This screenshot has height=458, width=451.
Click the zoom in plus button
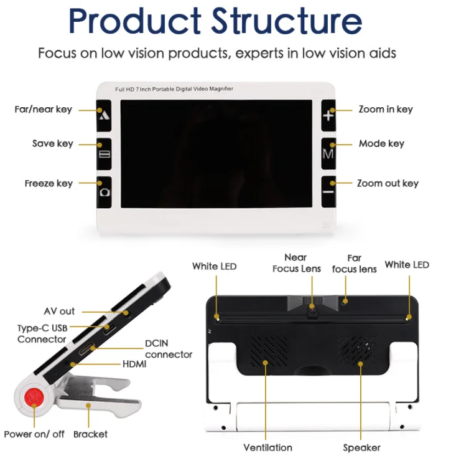[x=328, y=115]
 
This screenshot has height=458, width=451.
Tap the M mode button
[x=328, y=154]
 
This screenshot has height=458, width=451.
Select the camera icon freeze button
[x=104, y=192]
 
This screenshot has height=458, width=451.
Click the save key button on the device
[x=104, y=154]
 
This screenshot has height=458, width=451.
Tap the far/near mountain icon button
[x=104, y=115]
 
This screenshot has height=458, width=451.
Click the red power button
[x=34, y=398]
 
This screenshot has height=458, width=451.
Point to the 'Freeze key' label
[x=49, y=183]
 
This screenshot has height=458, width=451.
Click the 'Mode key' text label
[x=381, y=144]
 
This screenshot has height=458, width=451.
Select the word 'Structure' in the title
[x=287, y=21]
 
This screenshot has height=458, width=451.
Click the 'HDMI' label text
[x=134, y=364]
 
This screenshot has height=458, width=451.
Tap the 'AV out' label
[x=59, y=311]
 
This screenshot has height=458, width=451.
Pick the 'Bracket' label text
[x=90, y=434]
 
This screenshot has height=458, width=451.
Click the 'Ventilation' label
[x=267, y=447]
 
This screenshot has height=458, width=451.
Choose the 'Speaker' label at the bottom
[x=361, y=447]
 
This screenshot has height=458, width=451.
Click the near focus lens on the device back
[x=312, y=312]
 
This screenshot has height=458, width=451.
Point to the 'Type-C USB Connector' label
[x=42, y=333]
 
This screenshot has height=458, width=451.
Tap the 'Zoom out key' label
[x=388, y=183]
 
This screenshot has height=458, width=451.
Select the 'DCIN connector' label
[x=169, y=349]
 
